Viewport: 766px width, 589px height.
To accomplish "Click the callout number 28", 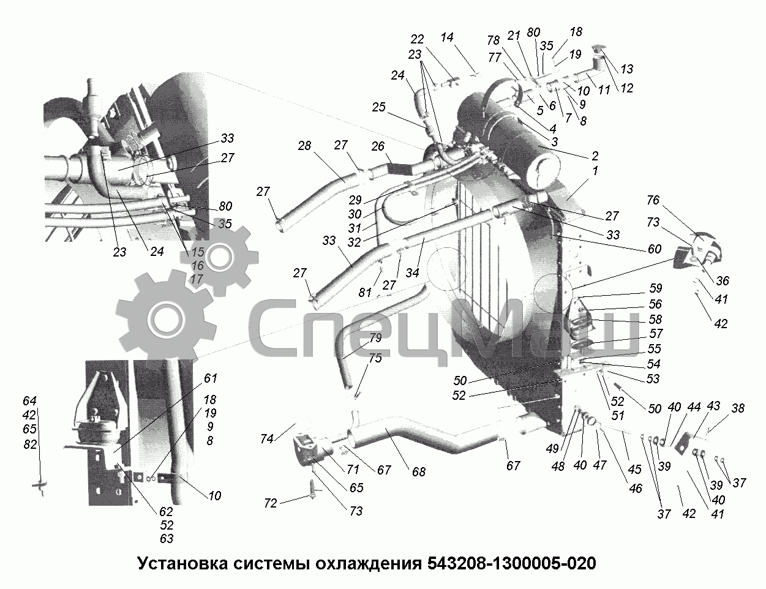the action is point(304,146).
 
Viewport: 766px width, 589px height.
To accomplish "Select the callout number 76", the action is point(653,200).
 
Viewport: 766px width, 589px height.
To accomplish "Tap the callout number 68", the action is point(419,471).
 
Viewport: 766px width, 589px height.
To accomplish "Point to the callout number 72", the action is point(271,503).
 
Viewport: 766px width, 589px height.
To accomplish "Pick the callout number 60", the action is point(655,249).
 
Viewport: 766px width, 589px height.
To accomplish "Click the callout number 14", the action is point(447,37).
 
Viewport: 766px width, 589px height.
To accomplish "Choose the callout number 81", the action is point(365,292).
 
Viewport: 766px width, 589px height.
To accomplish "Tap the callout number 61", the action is point(211,378).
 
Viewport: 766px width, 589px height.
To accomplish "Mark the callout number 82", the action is point(31,445).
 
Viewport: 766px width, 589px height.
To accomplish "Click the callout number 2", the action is point(595,156).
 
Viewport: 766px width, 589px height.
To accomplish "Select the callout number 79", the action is point(375,338).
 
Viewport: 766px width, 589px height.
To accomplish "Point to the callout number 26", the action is point(378,146).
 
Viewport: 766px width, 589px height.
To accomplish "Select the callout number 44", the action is point(694,407).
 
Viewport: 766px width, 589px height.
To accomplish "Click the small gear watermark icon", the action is point(219,257).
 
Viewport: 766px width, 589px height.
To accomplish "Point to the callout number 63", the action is point(167,539).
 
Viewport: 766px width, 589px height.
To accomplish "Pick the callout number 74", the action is point(267,438).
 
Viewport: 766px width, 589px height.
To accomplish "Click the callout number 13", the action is point(627,69).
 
